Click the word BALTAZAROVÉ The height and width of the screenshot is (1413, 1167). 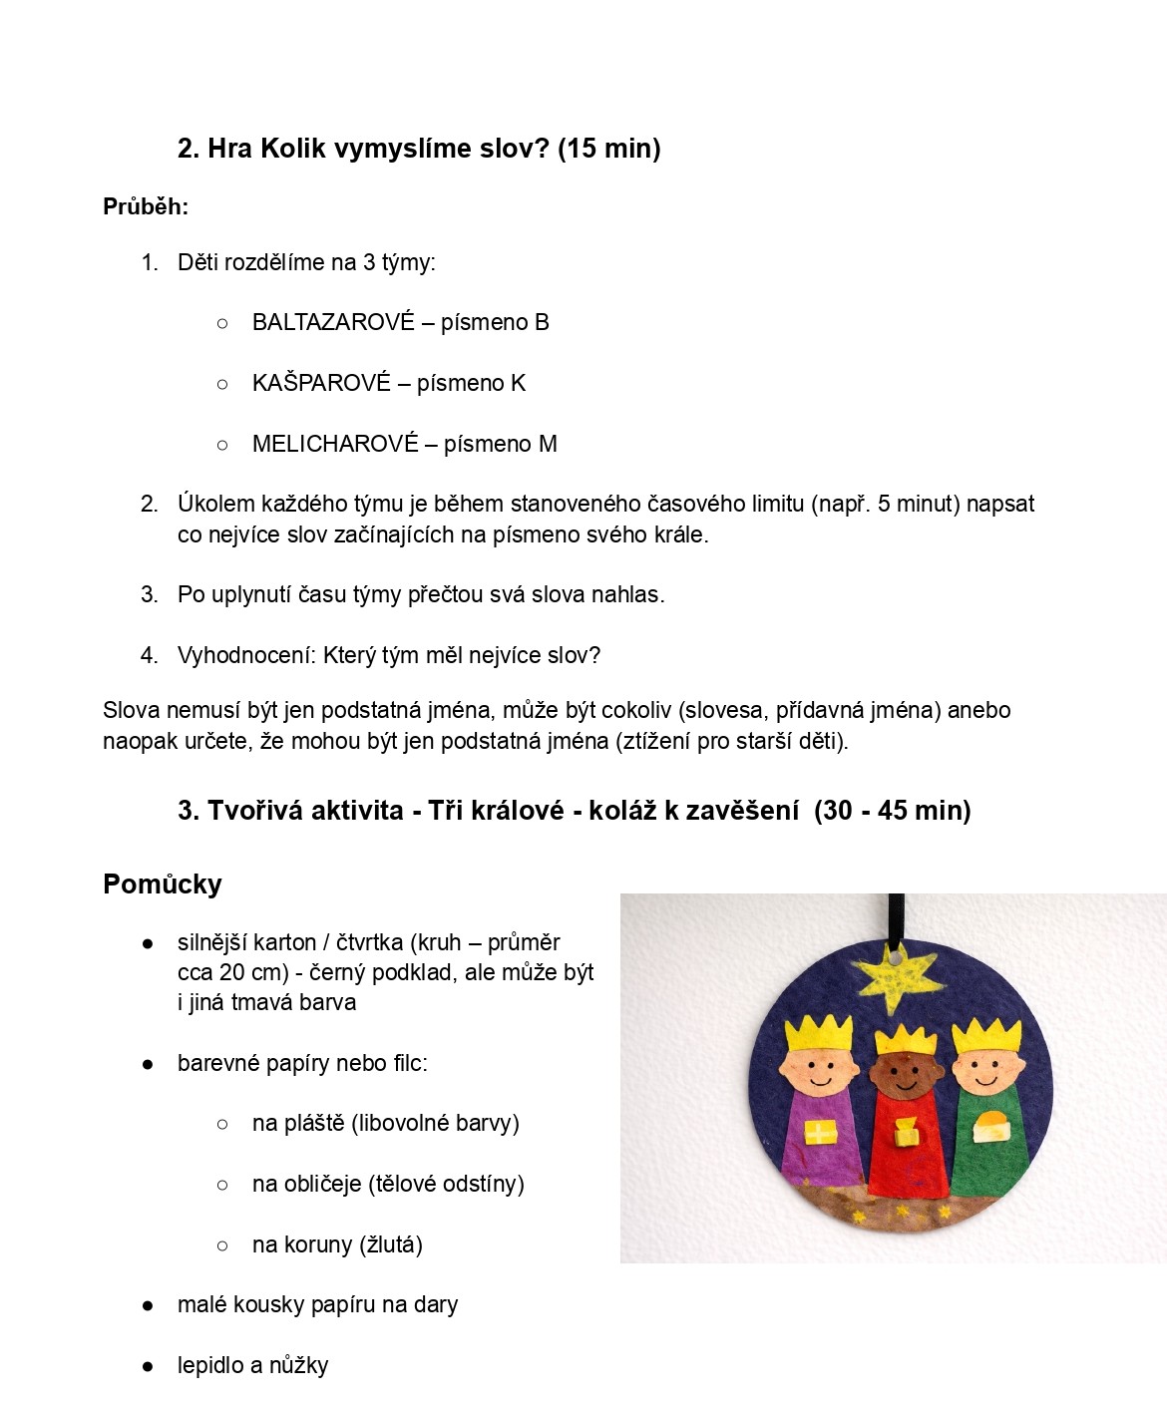[x=333, y=322]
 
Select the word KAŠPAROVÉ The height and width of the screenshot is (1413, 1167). [x=321, y=383]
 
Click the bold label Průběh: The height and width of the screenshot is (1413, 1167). [x=146, y=206]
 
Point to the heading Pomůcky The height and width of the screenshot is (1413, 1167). [x=163, y=883]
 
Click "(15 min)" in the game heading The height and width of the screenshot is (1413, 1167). [x=608, y=149]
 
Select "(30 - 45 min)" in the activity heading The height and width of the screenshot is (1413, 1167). [x=892, y=810]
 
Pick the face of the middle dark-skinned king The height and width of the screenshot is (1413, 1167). [x=904, y=1075]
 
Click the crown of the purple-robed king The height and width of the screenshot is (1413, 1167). [x=819, y=1033]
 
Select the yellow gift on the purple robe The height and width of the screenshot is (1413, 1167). [x=819, y=1133]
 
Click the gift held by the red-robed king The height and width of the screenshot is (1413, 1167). [x=906, y=1132]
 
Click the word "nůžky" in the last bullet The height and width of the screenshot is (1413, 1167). [x=298, y=1365]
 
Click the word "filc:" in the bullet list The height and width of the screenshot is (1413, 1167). [x=409, y=1063]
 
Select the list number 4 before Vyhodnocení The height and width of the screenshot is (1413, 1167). [x=149, y=655]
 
